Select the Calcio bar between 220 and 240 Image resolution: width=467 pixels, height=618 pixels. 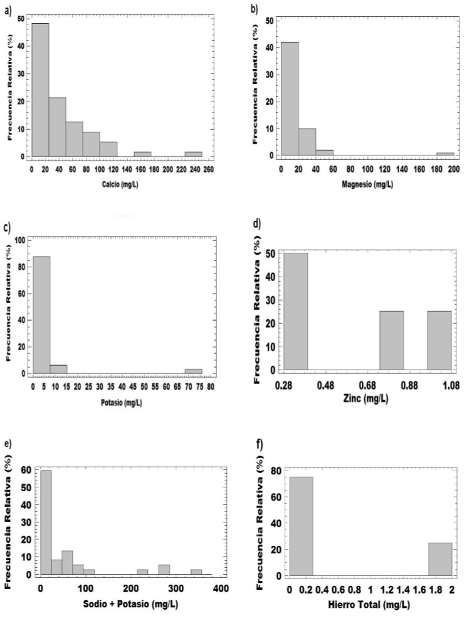193,154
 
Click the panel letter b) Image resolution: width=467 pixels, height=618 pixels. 254,9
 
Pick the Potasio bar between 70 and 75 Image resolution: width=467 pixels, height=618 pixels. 193,371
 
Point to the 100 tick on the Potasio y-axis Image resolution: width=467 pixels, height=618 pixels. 21,240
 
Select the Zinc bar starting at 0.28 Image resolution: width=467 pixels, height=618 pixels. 296,311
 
